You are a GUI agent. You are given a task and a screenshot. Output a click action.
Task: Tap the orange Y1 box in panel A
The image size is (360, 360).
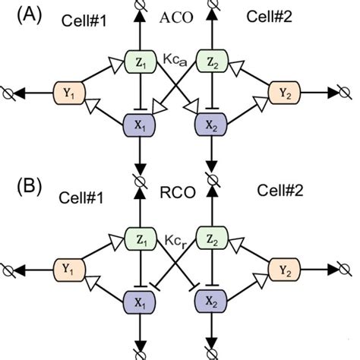[68, 94]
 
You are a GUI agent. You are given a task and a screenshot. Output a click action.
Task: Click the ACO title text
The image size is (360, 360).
[177, 17]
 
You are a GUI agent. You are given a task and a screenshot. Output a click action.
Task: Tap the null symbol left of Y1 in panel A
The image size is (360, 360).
[11, 94]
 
